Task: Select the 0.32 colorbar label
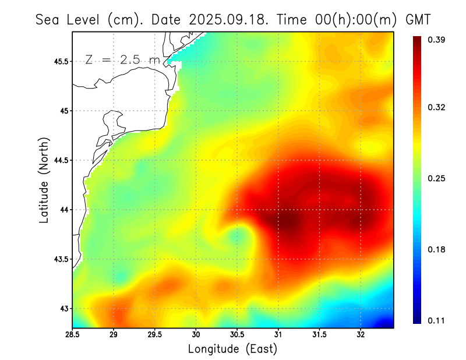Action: click(x=438, y=107)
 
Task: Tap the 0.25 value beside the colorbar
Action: click(x=438, y=178)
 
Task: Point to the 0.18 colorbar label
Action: click(x=438, y=249)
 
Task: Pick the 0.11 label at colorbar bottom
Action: click(x=438, y=320)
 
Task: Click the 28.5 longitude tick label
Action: click(x=72, y=334)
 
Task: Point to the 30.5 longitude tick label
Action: click(x=237, y=334)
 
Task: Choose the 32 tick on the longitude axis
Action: click(x=361, y=334)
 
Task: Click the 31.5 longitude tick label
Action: click(x=319, y=334)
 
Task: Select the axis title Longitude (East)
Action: click(x=232, y=349)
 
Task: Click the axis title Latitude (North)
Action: click(x=44, y=180)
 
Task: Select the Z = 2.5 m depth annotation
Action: click(x=121, y=59)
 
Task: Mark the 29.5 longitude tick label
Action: click(x=155, y=334)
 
